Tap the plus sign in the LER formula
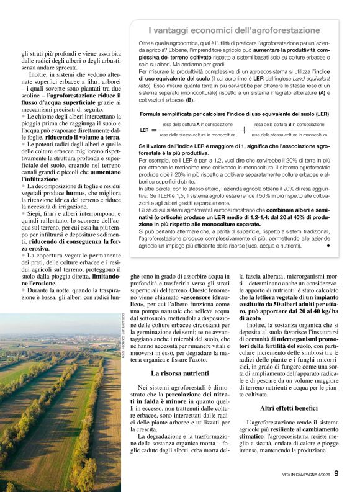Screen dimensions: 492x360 click(243, 129)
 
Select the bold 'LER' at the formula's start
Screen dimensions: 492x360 click(144, 129)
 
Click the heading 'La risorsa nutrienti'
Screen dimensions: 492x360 click(179, 373)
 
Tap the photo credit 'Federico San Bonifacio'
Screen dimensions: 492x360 click(124, 335)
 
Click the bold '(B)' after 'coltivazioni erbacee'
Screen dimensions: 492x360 click(190, 100)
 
